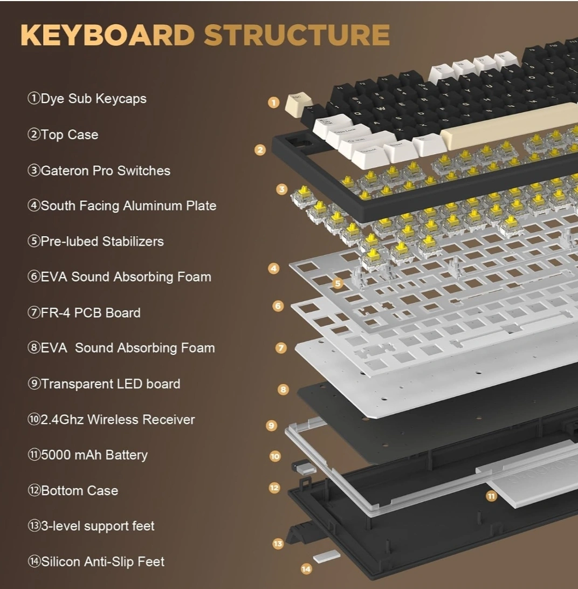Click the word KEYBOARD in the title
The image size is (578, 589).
107,35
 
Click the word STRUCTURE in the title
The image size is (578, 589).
297,35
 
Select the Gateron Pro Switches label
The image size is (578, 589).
99,171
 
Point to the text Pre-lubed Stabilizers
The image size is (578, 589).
96,241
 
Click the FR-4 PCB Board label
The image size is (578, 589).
84,313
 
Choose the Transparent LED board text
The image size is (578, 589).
104,384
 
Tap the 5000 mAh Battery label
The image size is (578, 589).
88,455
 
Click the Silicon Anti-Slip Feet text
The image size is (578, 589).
97,561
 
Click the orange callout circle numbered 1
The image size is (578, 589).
274,102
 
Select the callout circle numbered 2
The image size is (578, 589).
260,150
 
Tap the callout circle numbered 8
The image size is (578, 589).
283,389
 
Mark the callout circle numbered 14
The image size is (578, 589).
306,569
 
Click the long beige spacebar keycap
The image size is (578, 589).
507,126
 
